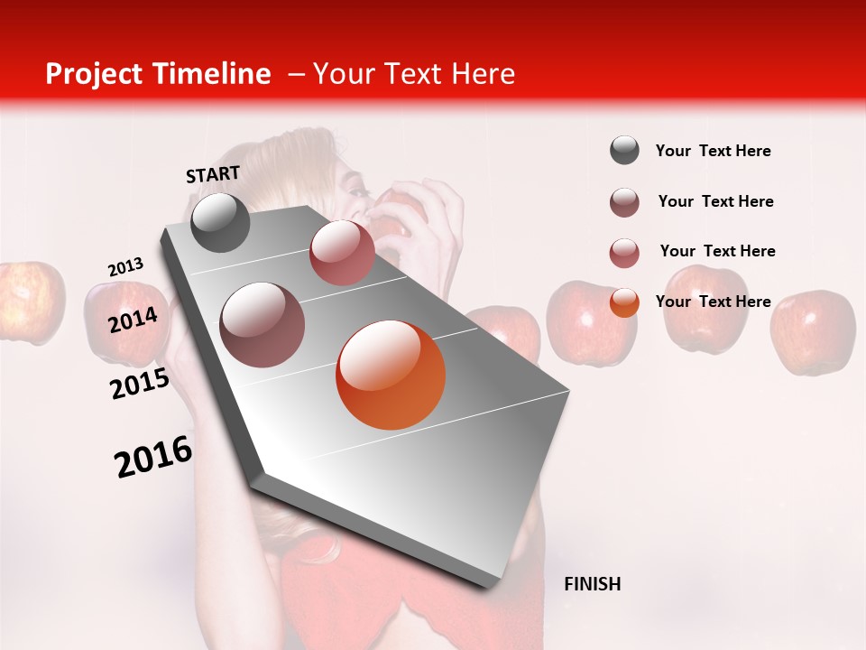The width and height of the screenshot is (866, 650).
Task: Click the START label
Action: coord(213,174)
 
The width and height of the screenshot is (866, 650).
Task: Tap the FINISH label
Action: coord(592,584)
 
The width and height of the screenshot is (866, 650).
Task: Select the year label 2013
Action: coord(125,267)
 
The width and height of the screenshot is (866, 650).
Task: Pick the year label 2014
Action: coord(134,320)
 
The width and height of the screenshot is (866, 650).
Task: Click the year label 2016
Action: coord(153,457)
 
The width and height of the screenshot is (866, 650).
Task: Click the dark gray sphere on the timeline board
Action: coord(220,222)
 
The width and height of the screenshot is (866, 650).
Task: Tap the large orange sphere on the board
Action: coord(391,375)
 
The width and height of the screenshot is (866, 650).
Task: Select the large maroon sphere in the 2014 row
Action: coord(262,325)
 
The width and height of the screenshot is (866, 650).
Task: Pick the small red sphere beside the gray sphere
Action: coord(342,253)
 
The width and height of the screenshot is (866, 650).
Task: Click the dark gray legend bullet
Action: coord(624,151)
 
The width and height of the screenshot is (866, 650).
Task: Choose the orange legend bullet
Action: coord(624,302)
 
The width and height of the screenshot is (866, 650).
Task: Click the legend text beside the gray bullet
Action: coord(713,152)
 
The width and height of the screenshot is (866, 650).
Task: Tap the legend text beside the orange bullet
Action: coord(713,302)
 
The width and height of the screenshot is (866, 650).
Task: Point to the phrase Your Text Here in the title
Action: coord(414,74)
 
